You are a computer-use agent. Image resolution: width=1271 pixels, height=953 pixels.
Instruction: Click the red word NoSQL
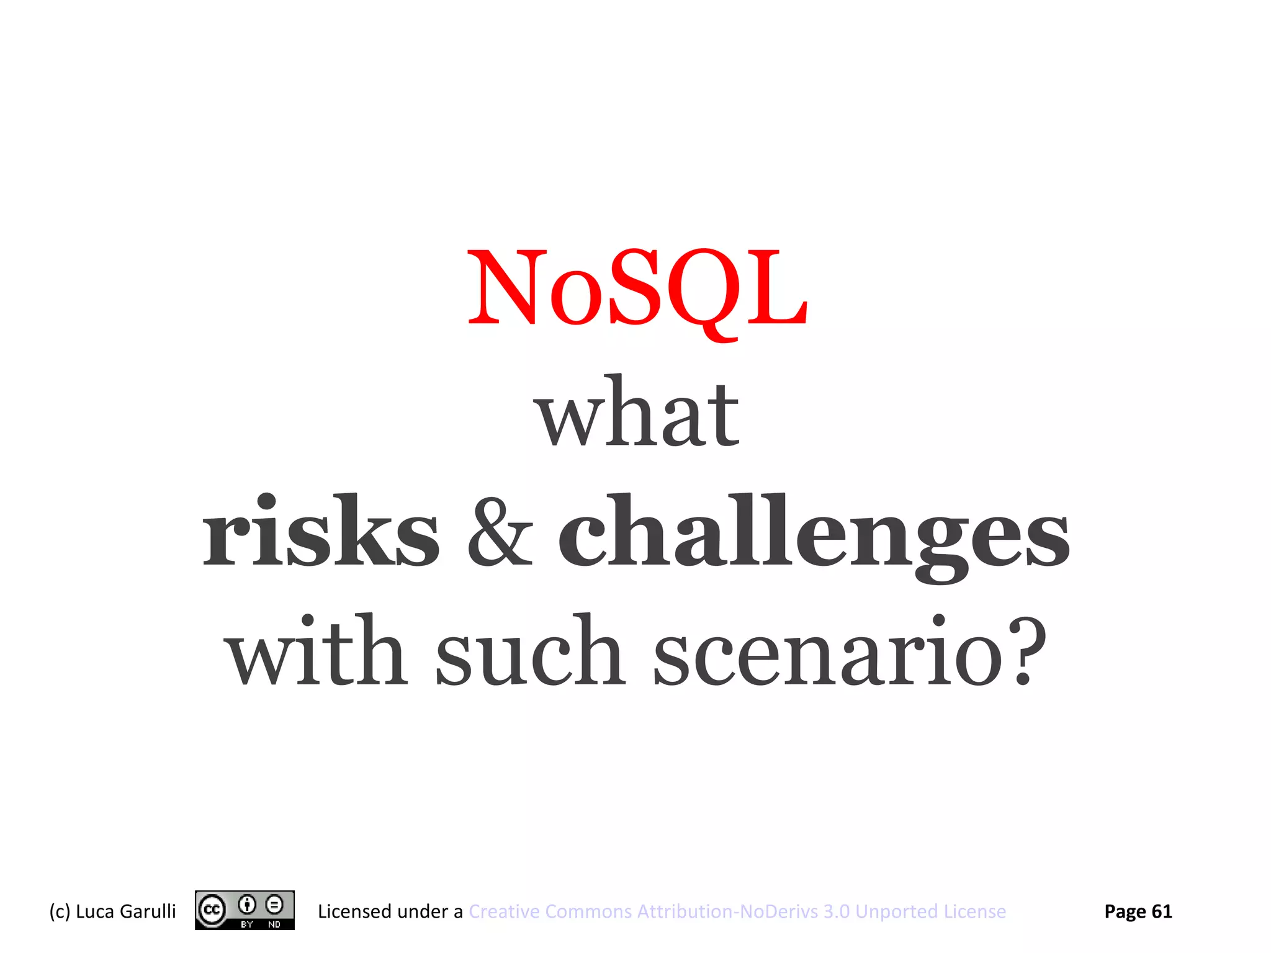[x=637, y=289]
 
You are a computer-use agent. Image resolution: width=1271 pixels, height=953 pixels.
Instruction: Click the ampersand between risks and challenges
[x=500, y=534]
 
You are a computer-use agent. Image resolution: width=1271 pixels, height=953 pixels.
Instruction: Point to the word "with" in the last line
[x=317, y=651]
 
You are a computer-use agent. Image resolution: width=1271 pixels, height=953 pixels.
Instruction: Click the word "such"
[x=529, y=651]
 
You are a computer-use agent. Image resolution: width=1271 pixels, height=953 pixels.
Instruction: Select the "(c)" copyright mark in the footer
[x=60, y=911]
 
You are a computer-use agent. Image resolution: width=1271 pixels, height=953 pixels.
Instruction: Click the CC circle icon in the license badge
[x=212, y=910]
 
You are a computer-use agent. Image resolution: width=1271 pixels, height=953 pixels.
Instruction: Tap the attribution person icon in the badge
[x=247, y=905]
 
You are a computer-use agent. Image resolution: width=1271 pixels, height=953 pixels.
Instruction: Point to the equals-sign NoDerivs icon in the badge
[x=274, y=905]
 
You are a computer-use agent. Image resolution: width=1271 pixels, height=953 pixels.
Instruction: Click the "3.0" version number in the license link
[x=836, y=911]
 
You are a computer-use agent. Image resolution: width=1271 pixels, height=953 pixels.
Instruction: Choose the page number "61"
[x=1162, y=911]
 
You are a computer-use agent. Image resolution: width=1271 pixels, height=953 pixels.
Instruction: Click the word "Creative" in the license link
[x=504, y=911]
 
